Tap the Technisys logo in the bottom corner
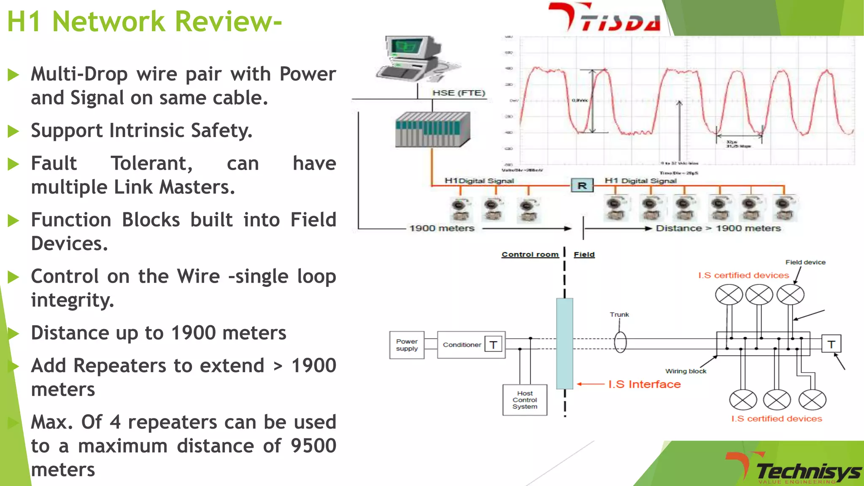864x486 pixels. click(793, 468)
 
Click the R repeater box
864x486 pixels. click(582, 186)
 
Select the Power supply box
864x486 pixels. click(407, 345)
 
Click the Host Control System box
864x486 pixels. click(525, 400)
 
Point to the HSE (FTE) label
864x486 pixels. click(459, 93)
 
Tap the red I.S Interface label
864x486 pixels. click(644, 384)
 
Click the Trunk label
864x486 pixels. click(619, 315)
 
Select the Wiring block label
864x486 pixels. click(686, 371)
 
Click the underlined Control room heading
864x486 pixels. click(530, 254)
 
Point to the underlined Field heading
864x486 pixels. click(584, 254)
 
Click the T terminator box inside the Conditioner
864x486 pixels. click(493, 345)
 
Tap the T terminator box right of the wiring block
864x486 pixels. click(831, 344)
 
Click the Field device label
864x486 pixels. click(805, 262)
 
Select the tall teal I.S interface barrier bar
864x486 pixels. click(564, 343)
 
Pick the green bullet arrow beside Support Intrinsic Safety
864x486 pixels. click(13, 131)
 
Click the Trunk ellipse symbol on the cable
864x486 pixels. click(620, 342)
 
